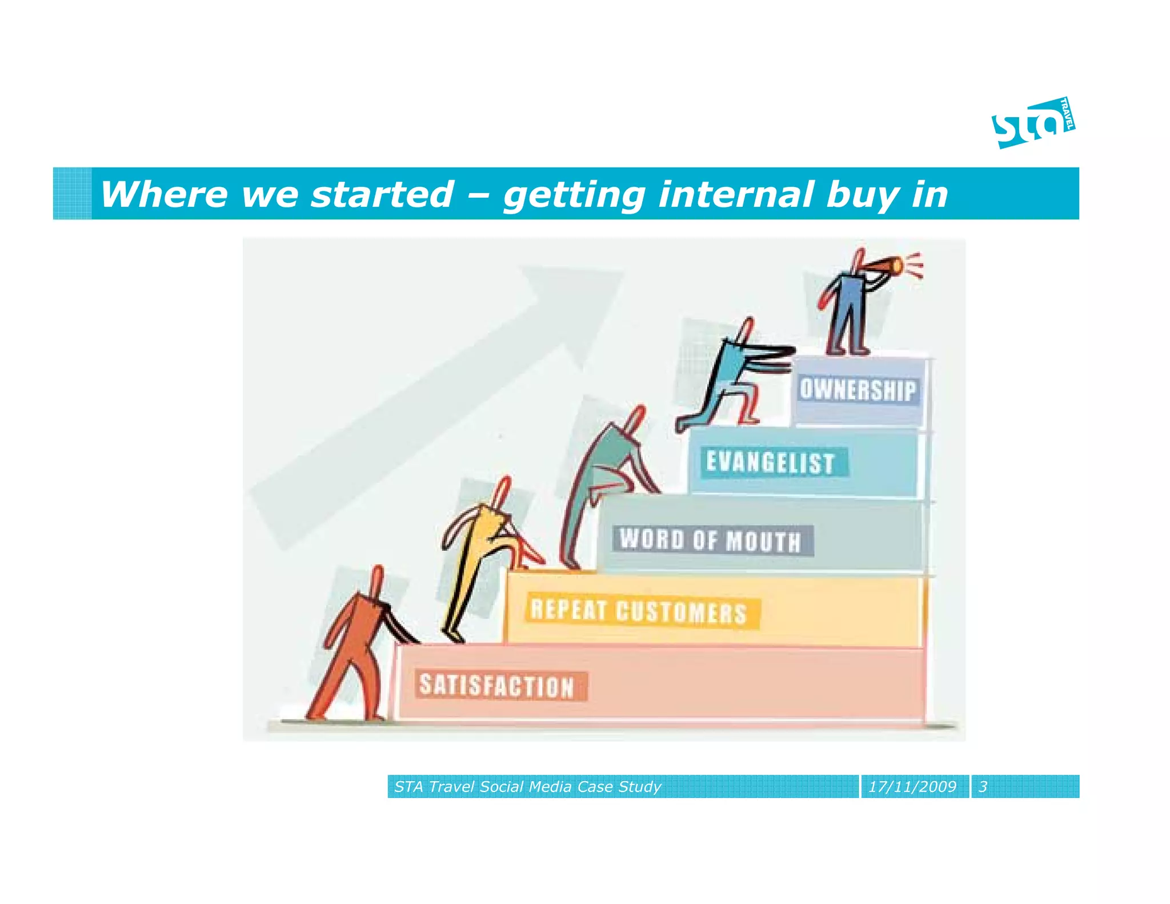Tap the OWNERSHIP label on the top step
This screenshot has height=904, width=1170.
coord(857,390)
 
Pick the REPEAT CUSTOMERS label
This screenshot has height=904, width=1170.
coord(638,611)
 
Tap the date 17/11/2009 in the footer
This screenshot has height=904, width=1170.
coord(912,787)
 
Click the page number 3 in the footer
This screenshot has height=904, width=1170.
coord(983,787)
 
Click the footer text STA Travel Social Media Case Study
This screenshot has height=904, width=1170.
coord(527,787)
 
